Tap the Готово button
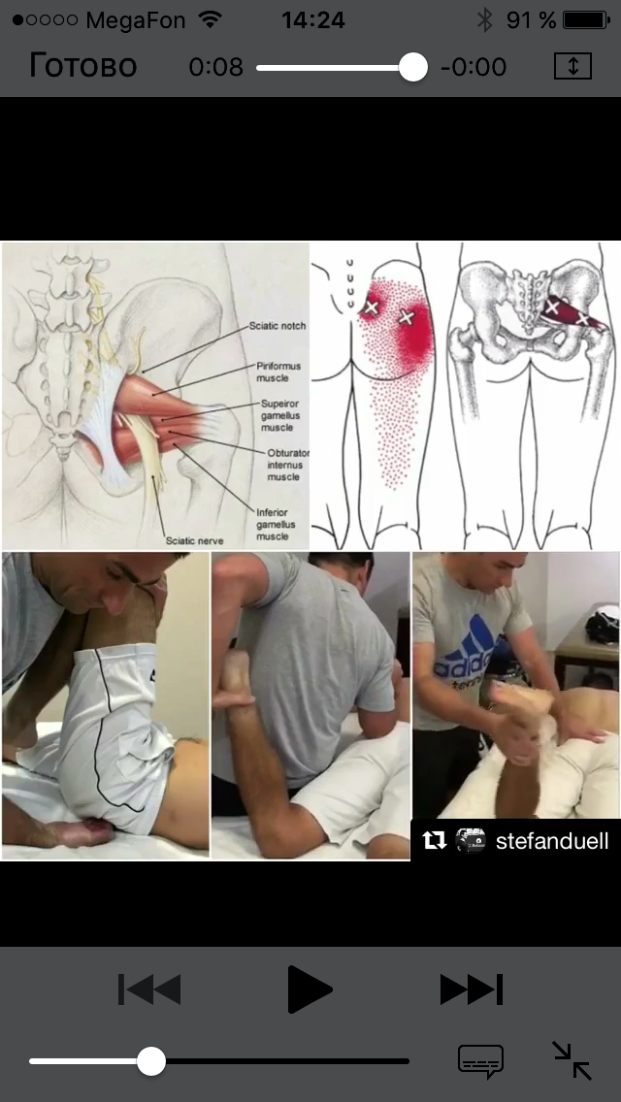tap(83, 67)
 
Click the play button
tap(310, 989)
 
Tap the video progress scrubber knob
tap(412, 68)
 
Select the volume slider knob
tap(150, 1061)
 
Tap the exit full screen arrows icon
tap(572, 1060)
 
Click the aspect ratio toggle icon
tap(572, 67)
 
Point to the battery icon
tap(586, 20)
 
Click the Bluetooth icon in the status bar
tap(484, 20)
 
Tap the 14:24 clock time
tap(313, 20)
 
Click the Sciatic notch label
tap(278, 326)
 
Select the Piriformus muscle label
tap(273, 373)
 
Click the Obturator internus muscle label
tap(287, 465)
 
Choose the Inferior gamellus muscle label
tap(272, 524)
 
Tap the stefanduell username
tap(552, 840)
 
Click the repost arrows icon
tap(435, 840)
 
